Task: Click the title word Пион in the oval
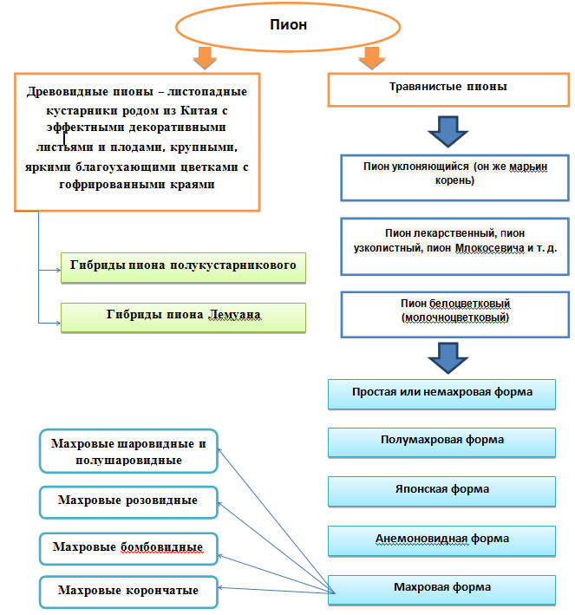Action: [x=288, y=24]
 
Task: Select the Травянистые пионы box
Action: [x=448, y=90]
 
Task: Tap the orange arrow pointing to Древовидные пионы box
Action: [x=205, y=58]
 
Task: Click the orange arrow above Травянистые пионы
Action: [x=371, y=58]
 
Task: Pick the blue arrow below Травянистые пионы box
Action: [x=448, y=131]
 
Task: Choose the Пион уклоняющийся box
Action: [x=454, y=178]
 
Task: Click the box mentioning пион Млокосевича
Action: [x=454, y=246]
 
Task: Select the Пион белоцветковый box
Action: [x=454, y=314]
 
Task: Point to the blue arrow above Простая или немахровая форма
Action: [x=448, y=358]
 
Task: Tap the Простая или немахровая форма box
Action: [x=441, y=394]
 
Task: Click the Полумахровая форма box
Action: [x=441, y=442]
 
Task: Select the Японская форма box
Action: [x=441, y=492]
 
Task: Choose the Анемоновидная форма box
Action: [x=441, y=541]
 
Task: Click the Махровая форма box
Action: [x=441, y=590]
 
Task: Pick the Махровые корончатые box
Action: [x=128, y=592]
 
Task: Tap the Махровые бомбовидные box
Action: [x=128, y=548]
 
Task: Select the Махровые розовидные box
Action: [x=128, y=502]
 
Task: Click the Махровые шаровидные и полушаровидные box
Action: [x=128, y=451]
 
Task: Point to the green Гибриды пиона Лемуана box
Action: [x=183, y=317]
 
